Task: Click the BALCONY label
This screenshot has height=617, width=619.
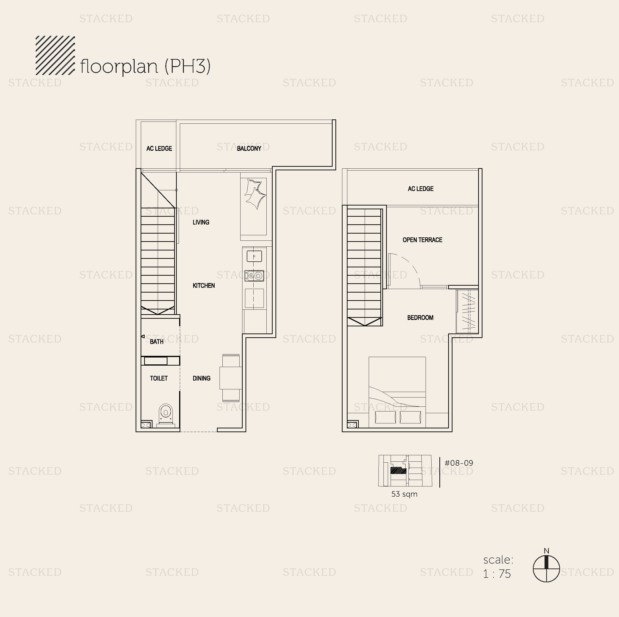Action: [249, 148]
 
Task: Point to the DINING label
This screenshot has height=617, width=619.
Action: [201, 378]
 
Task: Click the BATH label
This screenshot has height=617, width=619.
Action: [157, 342]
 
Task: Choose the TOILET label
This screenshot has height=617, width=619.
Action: [159, 378]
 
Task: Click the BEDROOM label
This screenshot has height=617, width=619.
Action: [420, 318]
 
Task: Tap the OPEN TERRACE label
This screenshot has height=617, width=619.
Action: [422, 240]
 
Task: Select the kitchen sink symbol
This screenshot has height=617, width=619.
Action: [254, 256]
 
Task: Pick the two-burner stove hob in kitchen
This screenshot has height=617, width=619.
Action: [254, 275]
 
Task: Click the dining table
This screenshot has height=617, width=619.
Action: [231, 378]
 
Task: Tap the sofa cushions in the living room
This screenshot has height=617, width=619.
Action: [255, 194]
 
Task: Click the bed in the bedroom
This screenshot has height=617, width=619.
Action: [397, 392]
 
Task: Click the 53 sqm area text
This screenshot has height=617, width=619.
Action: [404, 494]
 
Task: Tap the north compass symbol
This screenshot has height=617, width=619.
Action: [546, 569]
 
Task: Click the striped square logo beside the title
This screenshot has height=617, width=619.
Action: [55, 55]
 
